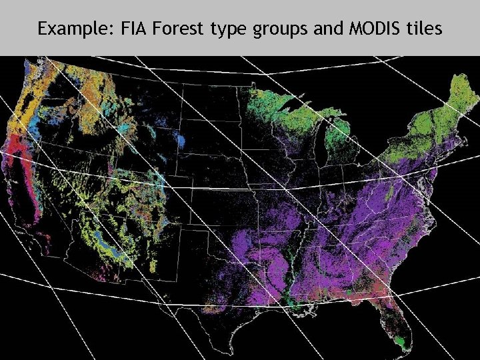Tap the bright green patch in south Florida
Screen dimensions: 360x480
(399, 341)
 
